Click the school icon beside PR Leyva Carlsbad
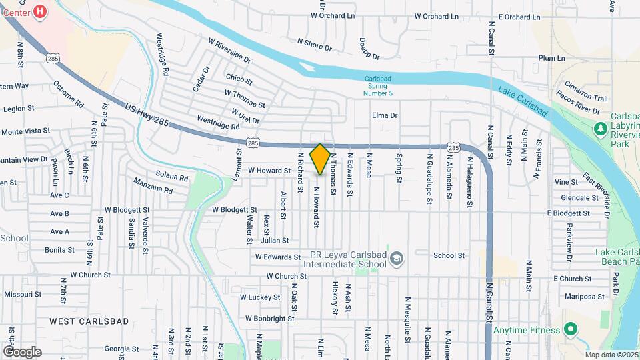(397, 258)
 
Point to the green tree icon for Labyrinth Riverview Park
(599, 127)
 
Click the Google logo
(21, 351)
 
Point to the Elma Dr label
(385, 115)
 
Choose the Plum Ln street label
(551, 58)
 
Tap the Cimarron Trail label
(586, 97)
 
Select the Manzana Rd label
(153, 186)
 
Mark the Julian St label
(276, 240)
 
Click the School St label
(449, 255)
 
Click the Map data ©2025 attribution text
(612, 355)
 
